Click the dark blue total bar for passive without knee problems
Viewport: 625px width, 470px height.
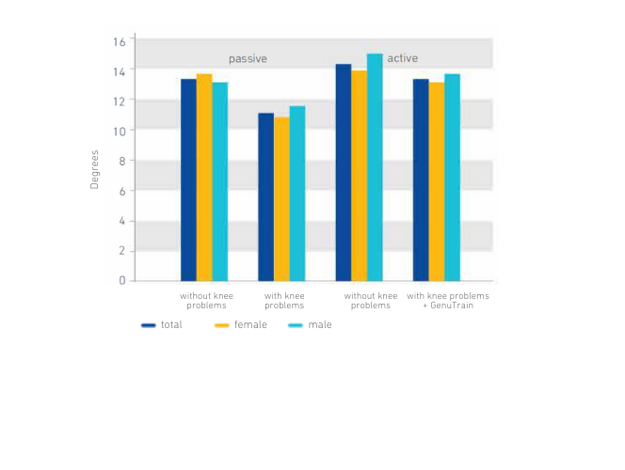click(188, 180)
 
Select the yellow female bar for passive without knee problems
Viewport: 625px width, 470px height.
click(204, 177)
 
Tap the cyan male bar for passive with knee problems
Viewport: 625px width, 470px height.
click(297, 193)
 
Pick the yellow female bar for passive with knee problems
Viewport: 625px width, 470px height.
click(281, 198)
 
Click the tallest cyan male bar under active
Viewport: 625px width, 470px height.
click(375, 167)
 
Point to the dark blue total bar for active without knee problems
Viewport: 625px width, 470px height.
click(344, 172)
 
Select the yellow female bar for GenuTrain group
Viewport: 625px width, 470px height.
click(436, 181)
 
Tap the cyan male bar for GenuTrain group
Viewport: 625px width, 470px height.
click(452, 177)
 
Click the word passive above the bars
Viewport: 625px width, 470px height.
click(248, 58)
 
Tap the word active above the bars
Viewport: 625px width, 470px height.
click(403, 58)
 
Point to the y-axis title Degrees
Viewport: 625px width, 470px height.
click(95, 169)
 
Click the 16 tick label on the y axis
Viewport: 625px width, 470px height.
click(119, 41)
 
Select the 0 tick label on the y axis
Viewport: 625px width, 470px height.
click(122, 280)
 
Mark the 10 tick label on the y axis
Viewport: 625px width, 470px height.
click(119, 131)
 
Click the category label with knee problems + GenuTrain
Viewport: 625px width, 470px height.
click(448, 301)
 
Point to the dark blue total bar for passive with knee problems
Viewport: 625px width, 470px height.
click(266, 196)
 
